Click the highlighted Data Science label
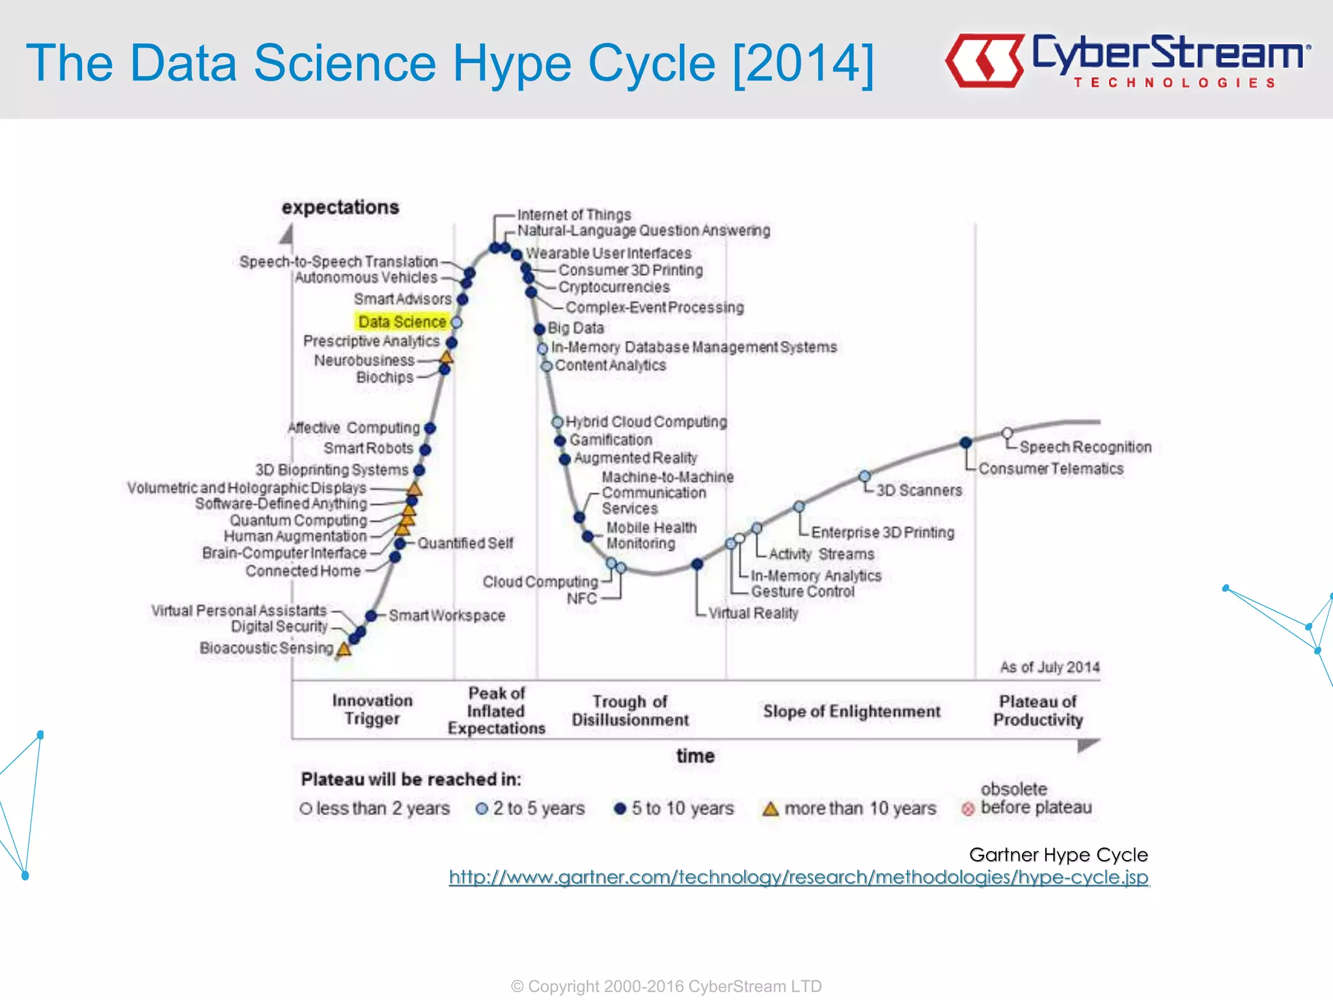click(402, 322)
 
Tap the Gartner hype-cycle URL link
click(799, 878)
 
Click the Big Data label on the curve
click(576, 328)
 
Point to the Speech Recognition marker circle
click(1007, 433)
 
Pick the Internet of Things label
click(574, 215)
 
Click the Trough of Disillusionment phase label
click(629, 710)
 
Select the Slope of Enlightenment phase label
click(851, 711)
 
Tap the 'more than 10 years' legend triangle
click(771, 809)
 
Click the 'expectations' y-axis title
click(340, 207)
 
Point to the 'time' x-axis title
click(695, 756)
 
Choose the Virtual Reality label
click(753, 613)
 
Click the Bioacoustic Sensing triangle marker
click(344, 648)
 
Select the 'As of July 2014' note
click(1049, 667)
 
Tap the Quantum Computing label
click(299, 520)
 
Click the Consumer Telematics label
click(1051, 469)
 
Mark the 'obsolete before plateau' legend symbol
click(968, 809)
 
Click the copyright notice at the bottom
click(666, 986)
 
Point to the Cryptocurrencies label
click(614, 287)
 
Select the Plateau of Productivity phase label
click(1038, 710)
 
